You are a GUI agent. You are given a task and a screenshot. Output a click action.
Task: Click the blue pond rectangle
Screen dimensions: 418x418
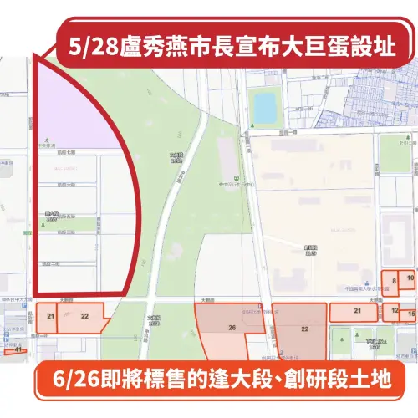263,107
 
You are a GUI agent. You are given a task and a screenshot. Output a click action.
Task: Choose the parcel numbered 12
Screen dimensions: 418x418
395,312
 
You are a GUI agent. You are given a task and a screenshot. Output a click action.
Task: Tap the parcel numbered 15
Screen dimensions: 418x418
410,314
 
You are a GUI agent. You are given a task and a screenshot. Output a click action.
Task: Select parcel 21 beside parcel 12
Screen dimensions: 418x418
357,312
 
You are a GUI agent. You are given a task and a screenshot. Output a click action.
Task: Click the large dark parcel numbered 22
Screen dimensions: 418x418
305,331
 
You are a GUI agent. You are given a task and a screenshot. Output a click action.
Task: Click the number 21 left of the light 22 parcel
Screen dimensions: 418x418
51,316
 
